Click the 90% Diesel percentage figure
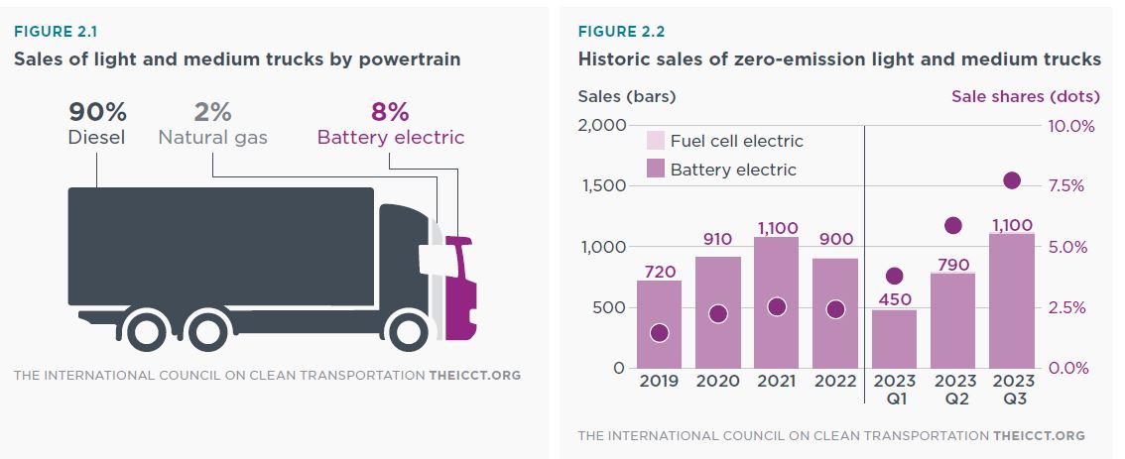point(97,112)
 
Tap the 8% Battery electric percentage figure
point(390,112)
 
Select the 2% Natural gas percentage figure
point(212,112)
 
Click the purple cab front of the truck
point(460,288)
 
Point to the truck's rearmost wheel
point(146,331)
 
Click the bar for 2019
point(659,324)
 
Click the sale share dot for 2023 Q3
point(1012,180)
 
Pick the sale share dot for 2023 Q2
point(953,226)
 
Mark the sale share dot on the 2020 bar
point(718,313)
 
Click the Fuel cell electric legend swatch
point(656,141)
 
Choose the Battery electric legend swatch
point(656,170)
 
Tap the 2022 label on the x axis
point(835,382)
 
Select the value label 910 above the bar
point(718,240)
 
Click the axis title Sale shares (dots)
point(1026,96)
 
